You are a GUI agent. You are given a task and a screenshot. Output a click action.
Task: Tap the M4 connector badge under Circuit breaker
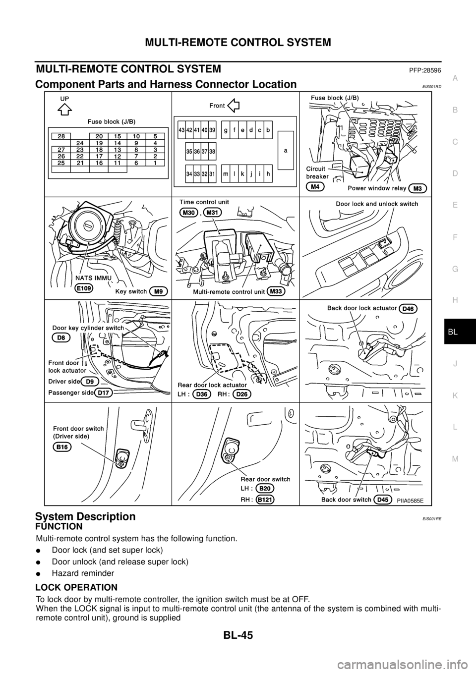pos(315,187)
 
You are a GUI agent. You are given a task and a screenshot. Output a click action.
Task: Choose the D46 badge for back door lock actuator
pos(409,308)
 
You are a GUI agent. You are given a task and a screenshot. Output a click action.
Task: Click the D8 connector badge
pos(61,337)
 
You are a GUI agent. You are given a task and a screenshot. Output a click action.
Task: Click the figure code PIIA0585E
pos(411,500)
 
